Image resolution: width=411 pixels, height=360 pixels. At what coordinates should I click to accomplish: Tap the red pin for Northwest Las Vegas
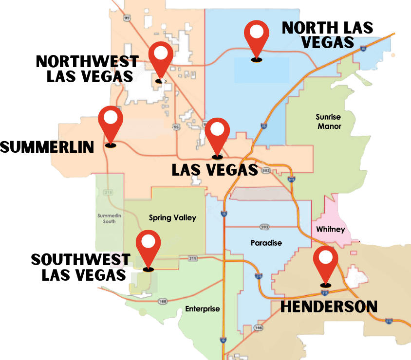pos(161,56)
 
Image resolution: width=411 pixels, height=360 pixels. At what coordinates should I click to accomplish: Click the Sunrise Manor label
pos(329,122)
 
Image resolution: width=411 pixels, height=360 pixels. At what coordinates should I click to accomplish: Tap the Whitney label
pos(330,229)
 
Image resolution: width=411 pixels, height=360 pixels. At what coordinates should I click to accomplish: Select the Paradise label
pos(266,242)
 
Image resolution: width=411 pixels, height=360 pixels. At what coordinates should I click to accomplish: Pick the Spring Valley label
pos(172,217)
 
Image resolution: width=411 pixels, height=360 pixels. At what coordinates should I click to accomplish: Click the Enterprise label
pos(203,309)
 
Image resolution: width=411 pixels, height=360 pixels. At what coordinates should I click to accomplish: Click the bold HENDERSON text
pos(329,306)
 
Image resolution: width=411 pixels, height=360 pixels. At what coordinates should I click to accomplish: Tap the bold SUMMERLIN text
pos(47,147)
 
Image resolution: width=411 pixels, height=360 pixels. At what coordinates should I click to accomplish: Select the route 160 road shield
pos(162,302)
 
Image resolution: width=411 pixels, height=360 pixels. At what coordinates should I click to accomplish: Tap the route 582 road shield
pos(266,171)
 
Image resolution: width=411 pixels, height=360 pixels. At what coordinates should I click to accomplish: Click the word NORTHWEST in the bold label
pos(87,62)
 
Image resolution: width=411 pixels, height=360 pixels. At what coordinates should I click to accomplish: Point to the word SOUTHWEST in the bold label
pos(81,259)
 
